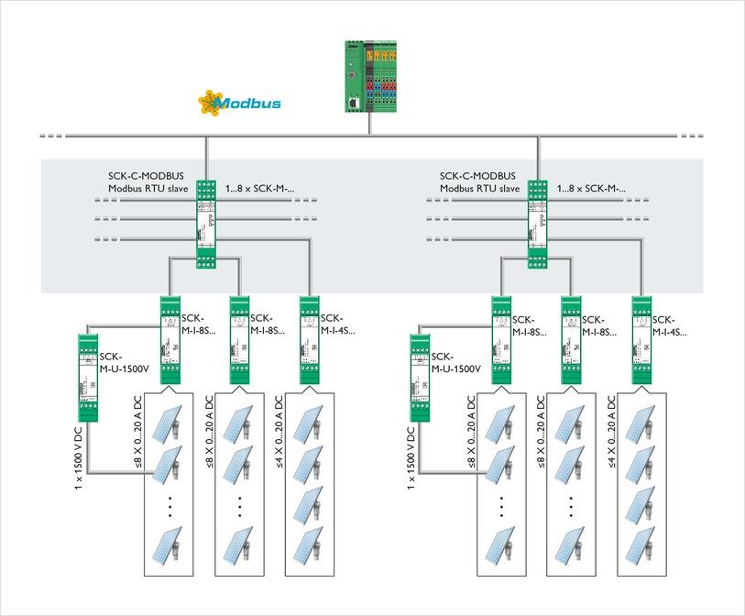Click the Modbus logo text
tap(249, 103)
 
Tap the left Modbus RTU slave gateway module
tap(206, 224)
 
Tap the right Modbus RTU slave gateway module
tap(538, 224)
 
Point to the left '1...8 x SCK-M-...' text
tap(260, 188)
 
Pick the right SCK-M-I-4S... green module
tap(641, 339)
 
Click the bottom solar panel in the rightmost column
tap(641, 550)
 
